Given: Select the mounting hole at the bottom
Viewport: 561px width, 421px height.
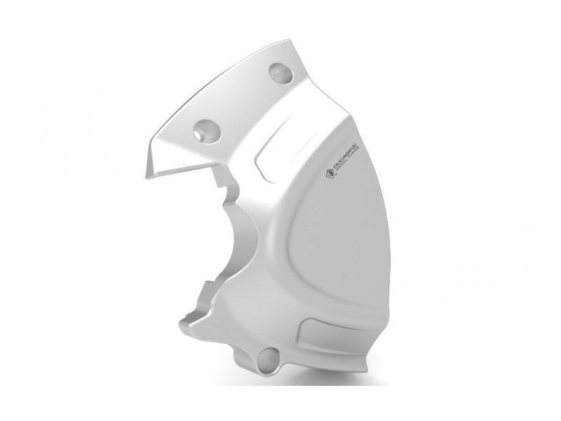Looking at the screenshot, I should pos(269,360).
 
